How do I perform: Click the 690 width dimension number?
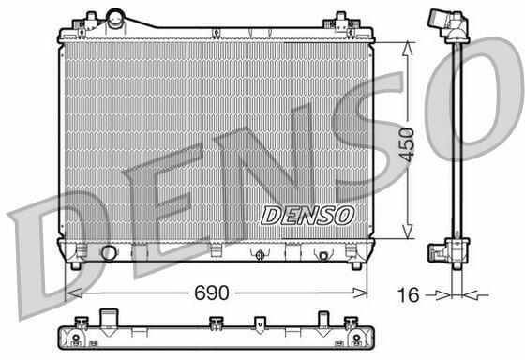coord(212,292)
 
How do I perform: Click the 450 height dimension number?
coord(407,144)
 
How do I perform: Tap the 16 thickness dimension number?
coord(408,294)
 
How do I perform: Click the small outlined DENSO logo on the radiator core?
coord(307,216)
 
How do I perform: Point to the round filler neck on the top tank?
coord(115,19)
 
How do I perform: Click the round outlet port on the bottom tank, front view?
coord(109,253)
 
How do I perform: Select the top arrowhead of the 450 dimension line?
coord(407,48)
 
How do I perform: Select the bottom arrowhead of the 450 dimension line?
coord(407,232)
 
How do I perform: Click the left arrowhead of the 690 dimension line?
coord(74,293)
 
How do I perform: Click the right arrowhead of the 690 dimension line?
coord(361,293)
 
